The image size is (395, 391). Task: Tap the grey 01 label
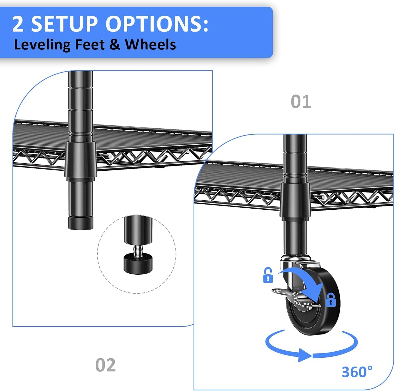[301, 102]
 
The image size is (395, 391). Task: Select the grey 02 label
[106, 365]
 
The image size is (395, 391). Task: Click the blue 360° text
[357, 372]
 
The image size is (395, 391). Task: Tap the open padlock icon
[268, 276]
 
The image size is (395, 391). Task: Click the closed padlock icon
[331, 300]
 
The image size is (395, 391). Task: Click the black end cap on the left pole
[81, 223]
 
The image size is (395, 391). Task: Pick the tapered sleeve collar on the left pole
[81, 160]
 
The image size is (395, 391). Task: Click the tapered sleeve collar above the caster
[295, 201]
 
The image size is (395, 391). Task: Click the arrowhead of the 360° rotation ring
[305, 355]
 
